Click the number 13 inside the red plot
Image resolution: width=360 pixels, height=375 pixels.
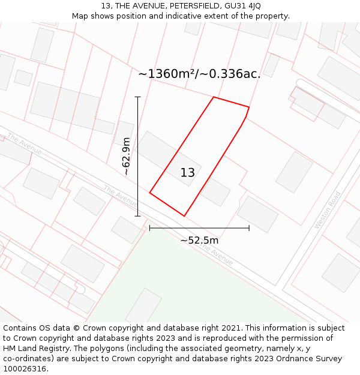(188, 173)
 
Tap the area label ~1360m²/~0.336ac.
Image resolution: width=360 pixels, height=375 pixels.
(200, 74)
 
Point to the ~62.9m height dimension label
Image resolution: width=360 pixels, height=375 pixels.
(126, 156)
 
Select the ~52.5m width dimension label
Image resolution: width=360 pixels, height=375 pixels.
(199, 241)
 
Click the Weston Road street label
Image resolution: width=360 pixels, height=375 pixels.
(328, 210)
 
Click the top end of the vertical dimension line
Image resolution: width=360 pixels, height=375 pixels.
(138, 97)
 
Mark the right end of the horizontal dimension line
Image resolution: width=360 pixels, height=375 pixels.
(249, 228)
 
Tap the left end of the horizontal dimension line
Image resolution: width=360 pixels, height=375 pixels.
(149, 228)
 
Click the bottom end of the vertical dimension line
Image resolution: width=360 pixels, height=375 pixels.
(138, 216)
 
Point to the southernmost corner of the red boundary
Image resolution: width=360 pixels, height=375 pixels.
(184, 216)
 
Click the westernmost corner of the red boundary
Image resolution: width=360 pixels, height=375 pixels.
(149, 193)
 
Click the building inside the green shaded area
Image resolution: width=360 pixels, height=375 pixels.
(143, 306)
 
